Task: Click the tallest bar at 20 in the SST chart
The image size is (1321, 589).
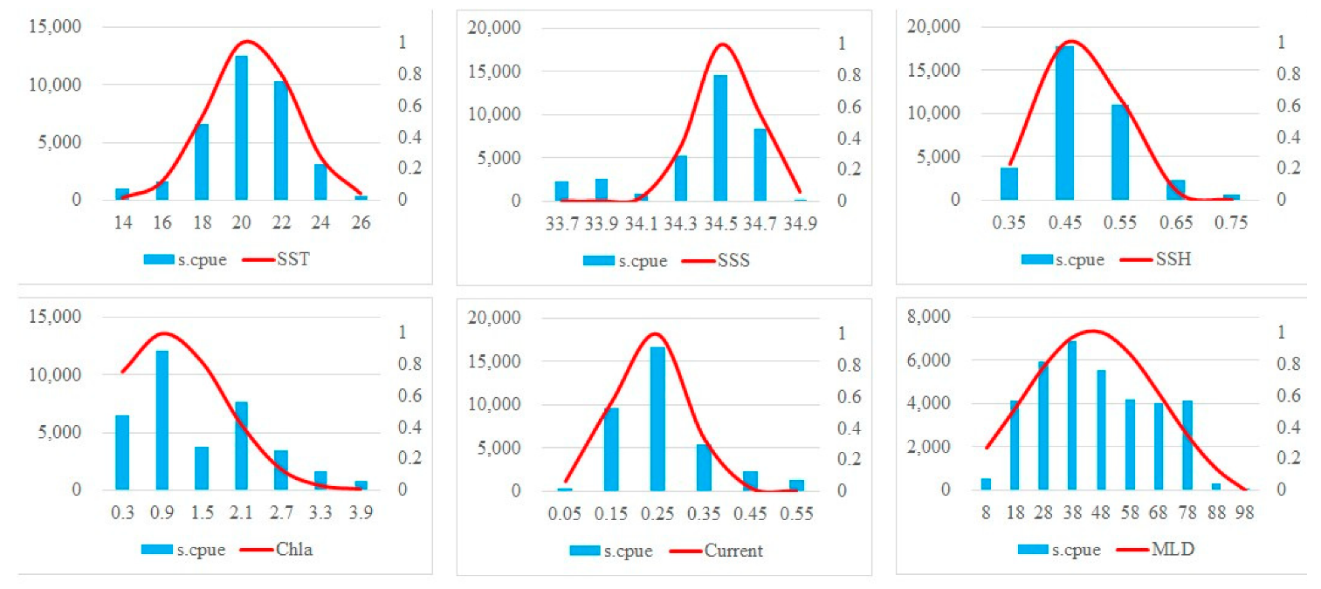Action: click(x=241, y=128)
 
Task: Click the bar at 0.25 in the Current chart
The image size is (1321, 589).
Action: click(x=657, y=419)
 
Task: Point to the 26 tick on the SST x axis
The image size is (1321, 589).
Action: click(x=361, y=223)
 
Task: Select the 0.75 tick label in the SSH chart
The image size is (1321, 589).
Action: click(x=1230, y=223)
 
